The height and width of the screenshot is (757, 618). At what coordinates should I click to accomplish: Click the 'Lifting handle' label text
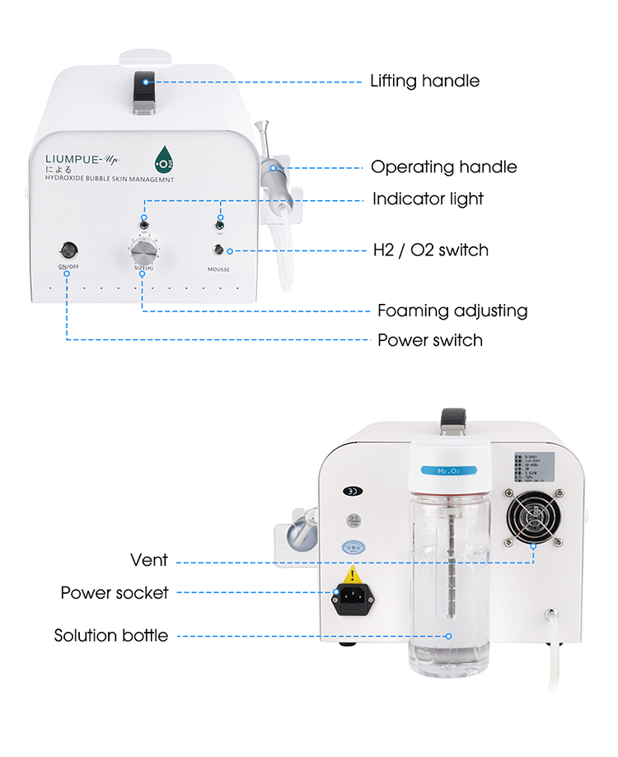[424, 81]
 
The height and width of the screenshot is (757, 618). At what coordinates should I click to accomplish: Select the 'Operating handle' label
[443, 167]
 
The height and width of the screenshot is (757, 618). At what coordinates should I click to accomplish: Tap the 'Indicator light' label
[428, 199]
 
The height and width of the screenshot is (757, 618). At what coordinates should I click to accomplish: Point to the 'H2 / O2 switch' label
[430, 250]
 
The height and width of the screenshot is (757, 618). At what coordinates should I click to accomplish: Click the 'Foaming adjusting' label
[452, 311]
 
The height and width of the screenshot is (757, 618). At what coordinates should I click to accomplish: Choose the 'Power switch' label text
[429, 339]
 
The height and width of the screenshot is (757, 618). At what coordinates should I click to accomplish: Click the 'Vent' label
[149, 560]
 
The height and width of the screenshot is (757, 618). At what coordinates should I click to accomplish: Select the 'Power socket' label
[115, 592]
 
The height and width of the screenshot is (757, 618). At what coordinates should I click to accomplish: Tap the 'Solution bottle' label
[111, 635]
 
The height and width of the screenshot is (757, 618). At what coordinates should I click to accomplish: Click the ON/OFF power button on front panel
[68, 249]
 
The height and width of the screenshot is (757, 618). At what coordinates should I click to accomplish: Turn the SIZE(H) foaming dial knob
[143, 249]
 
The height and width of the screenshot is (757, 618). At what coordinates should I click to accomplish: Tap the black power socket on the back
[349, 600]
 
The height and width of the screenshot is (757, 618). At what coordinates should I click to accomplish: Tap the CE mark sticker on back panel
[351, 491]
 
